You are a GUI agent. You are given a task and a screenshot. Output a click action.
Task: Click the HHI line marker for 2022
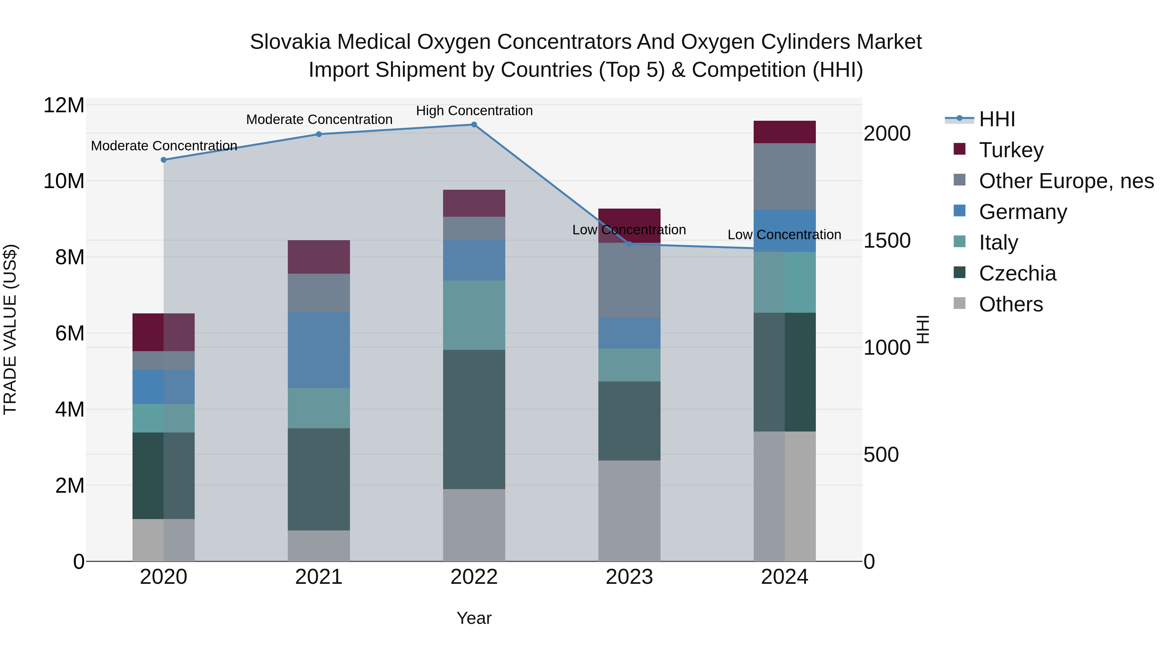click(x=474, y=125)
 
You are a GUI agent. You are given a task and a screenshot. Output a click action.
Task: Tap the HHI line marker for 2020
click(x=164, y=160)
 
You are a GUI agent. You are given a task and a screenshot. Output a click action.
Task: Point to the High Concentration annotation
click(x=474, y=111)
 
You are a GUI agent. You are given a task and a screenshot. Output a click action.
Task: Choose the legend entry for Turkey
click(x=1011, y=150)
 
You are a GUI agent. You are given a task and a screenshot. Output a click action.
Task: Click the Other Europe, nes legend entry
click(x=1066, y=181)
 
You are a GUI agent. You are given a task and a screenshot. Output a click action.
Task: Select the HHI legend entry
click(x=997, y=119)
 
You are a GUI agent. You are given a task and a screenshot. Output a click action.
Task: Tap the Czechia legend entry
click(x=1017, y=273)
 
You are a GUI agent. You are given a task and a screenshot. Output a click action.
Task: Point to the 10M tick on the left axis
click(x=64, y=181)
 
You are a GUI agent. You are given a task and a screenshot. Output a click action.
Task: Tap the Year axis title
click(x=474, y=618)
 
